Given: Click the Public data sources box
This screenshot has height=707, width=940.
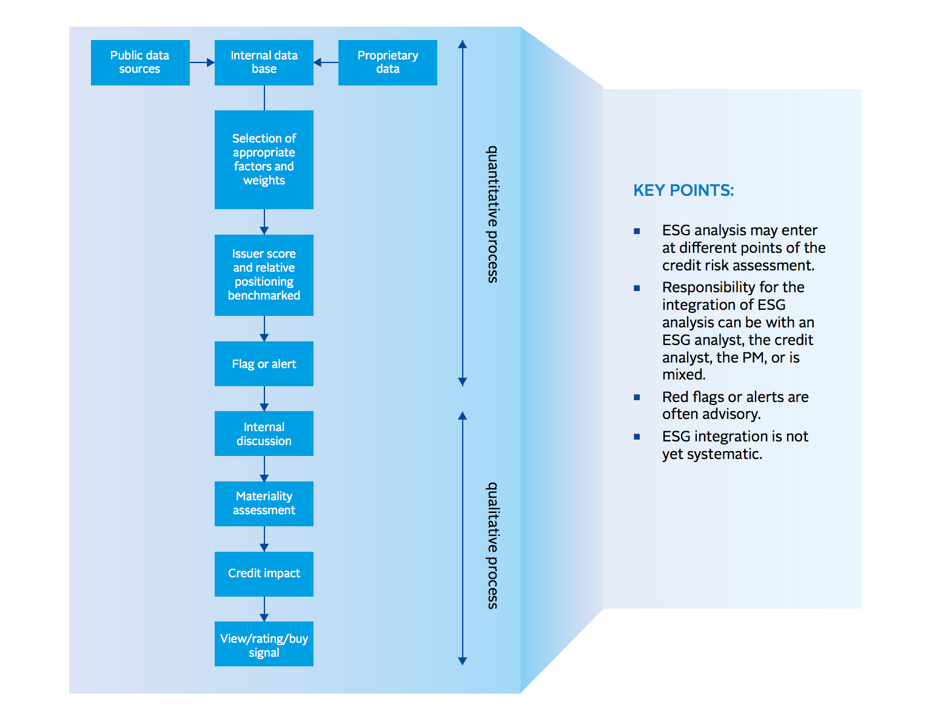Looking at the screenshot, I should (x=140, y=62).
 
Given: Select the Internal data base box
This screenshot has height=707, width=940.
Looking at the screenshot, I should (x=264, y=62).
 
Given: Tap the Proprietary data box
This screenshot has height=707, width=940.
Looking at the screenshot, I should (x=388, y=62).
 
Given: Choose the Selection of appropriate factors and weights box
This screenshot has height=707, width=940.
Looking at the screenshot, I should (x=264, y=159).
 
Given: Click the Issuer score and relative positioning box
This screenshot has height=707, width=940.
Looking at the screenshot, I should (x=264, y=275).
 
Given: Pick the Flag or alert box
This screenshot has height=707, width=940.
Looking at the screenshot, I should (x=264, y=364).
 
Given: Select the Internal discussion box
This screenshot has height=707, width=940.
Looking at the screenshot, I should (x=264, y=434).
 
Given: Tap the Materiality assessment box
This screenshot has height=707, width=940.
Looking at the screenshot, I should (x=264, y=503).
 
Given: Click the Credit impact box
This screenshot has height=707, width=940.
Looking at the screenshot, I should (x=264, y=574).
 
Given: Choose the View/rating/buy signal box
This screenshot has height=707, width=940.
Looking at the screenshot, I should (x=264, y=644).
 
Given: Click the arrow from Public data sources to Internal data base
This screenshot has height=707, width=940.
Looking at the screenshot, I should (x=203, y=62).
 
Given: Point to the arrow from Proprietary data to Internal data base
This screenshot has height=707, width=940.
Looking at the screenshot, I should (x=326, y=62).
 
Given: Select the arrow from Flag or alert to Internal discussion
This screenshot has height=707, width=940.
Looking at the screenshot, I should (x=264, y=398).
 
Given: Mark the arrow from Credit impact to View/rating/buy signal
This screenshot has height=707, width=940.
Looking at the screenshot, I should (x=264, y=609).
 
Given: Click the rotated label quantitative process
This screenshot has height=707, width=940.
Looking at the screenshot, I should (x=493, y=214).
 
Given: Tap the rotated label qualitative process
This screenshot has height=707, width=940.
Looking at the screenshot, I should (x=493, y=545).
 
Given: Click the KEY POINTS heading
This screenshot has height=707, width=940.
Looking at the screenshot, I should (x=683, y=190).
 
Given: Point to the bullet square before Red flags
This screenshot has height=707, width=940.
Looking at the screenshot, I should (x=637, y=397).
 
